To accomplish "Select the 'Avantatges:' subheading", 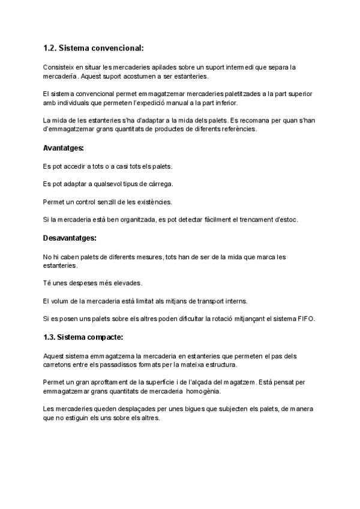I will coord(64,148).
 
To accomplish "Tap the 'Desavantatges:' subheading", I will coord(70,238).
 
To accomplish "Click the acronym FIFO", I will coord(305,318).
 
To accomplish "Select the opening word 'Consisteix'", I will coord(58,67).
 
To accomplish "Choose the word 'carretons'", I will coord(59,364).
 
